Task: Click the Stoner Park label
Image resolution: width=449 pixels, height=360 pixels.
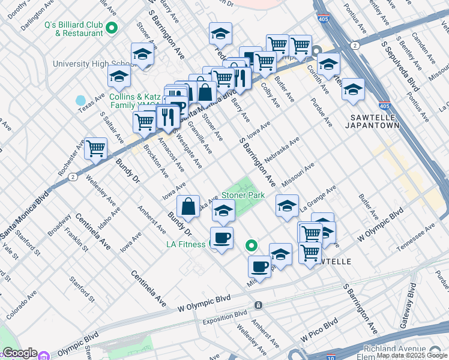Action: coord(243,196)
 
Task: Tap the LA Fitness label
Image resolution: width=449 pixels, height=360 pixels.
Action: coord(186,244)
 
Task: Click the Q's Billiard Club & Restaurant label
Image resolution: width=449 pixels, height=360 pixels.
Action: coord(74,29)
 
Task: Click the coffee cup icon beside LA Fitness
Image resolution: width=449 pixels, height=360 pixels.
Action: coord(221,238)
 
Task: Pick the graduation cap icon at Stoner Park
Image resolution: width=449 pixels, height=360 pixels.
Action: coord(223,212)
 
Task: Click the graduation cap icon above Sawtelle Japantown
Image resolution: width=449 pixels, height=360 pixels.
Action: coord(353,89)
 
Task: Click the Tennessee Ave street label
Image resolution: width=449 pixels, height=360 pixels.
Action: coord(414,235)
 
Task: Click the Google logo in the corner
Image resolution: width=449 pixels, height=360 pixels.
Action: coord(19,353)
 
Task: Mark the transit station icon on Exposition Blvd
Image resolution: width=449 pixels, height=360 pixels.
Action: coord(258,305)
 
